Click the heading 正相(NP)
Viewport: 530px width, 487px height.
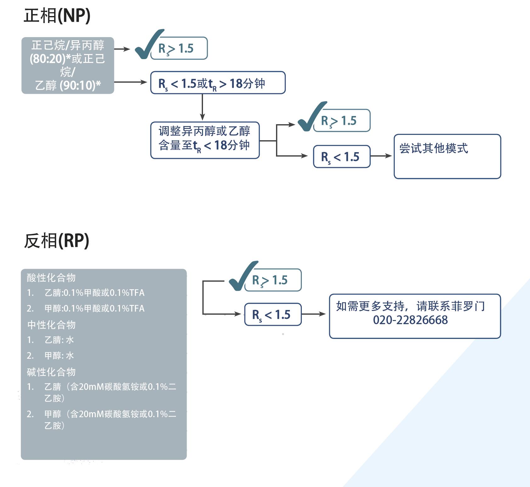[x=57, y=15]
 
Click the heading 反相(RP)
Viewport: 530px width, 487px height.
[x=57, y=241]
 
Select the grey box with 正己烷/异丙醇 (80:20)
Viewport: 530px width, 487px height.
[x=68, y=65]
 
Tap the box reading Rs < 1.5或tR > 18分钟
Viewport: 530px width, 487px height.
[x=218, y=83]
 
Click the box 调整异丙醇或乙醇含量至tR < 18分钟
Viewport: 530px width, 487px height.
[x=205, y=140]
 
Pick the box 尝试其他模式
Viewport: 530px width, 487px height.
[x=447, y=156]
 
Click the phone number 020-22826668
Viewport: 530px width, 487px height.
[x=410, y=320]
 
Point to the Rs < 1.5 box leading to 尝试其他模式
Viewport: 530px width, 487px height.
[x=341, y=157]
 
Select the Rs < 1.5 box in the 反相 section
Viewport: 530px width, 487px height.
[x=273, y=314]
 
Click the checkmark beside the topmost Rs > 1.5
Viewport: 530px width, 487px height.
[x=148, y=45]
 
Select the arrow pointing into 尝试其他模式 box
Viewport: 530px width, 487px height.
[x=381, y=156]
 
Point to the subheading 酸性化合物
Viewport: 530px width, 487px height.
[x=51, y=278]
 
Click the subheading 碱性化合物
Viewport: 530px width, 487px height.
[x=51, y=372]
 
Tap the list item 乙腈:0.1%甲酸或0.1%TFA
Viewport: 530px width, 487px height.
[x=94, y=293]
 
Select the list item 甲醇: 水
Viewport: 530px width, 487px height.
[x=59, y=356]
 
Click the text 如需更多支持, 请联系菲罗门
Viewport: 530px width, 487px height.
[x=410, y=306]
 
